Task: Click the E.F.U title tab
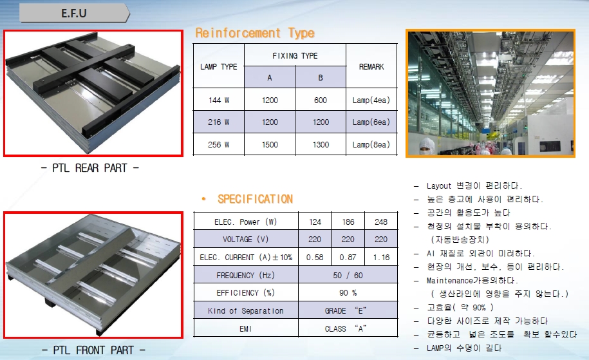point(75,13)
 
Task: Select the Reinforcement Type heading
point(255,33)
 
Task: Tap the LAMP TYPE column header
point(219,66)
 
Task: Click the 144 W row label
point(219,100)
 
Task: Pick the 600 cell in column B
point(321,100)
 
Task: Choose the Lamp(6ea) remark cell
point(371,122)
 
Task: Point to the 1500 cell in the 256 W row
point(270,145)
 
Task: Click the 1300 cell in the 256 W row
point(321,145)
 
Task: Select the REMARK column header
point(371,66)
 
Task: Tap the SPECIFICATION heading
point(255,199)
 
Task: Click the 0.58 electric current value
point(315,258)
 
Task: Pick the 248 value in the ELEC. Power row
point(381,222)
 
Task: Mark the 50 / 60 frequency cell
point(348,275)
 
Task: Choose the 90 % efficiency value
point(348,293)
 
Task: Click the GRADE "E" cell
point(346,311)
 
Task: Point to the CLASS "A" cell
point(346,328)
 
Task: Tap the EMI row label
point(246,329)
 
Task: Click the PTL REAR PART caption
point(89,168)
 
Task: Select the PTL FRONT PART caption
point(93,350)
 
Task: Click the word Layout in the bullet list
point(439,186)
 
